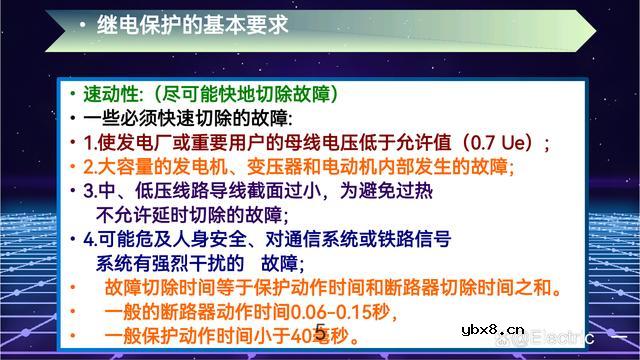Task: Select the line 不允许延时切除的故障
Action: (x=190, y=213)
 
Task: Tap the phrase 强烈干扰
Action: (x=211, y=263)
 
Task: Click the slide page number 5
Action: (x=319, y=333)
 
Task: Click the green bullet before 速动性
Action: (x=73, y=96)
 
